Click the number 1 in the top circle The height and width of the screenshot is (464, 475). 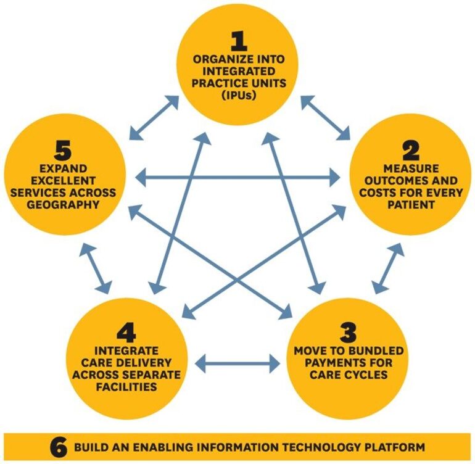pyautogui.click(x=239, y=41)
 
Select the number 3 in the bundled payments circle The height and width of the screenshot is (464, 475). pyautogui.click(x=349, y=334)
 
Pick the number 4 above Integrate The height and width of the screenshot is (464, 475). pyautogui.click(x=126, y=334)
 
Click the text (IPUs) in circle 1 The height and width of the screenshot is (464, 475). pyautogui.click(x=239, y=97)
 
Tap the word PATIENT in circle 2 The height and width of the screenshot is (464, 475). pyautogui.click(x=411, y=204)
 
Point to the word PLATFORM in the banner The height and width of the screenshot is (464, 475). pyautogui.click(x=393, y=446)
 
